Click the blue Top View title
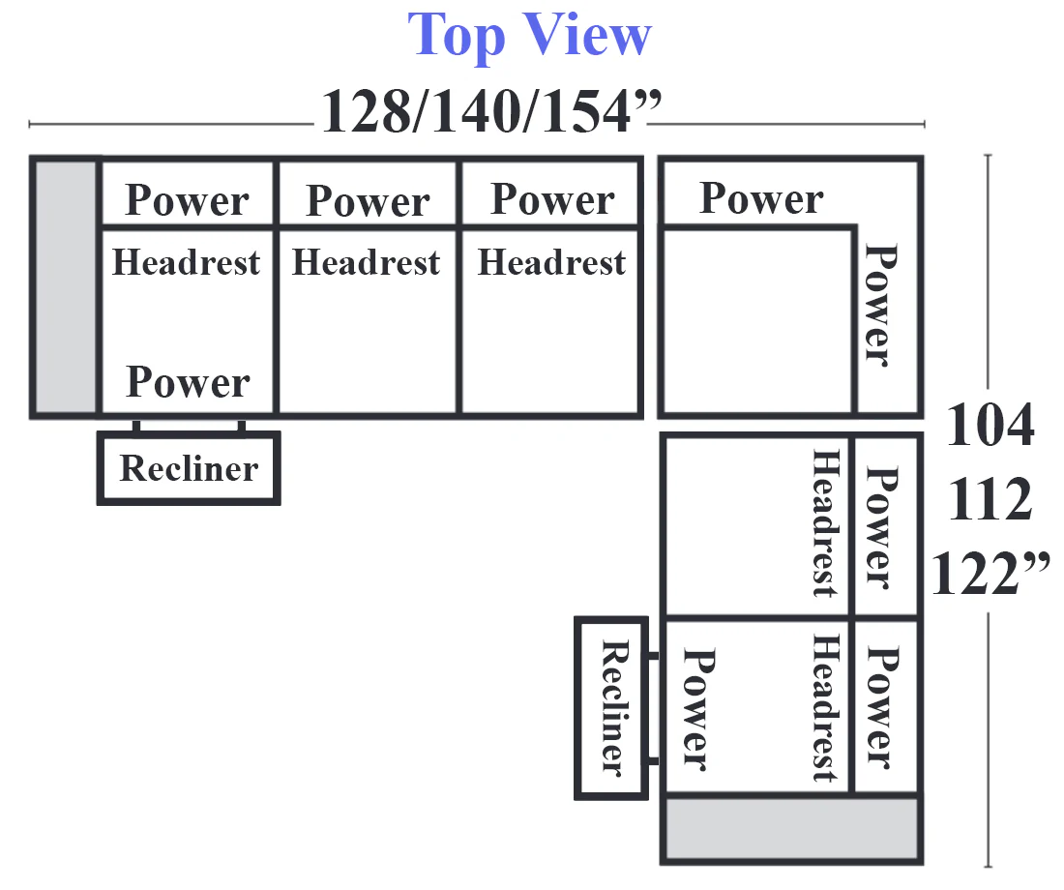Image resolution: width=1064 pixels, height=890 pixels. point(529,35)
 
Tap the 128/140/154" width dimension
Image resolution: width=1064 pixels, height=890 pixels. point(491,111)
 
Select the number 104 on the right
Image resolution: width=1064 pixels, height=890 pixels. point(990,425)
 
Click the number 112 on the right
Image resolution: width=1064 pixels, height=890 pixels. point(990,499)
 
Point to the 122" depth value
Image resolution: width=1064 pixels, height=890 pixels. point(990,573)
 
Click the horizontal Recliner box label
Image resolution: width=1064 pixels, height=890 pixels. point(189,468)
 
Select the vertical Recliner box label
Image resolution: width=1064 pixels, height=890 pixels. point(615,707)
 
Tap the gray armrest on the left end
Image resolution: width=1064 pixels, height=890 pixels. point(65,287)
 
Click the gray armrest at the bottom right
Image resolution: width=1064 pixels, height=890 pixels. point(792,830)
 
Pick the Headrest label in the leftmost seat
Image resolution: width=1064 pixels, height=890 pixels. point(186,263)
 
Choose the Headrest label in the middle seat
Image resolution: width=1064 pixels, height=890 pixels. point(367,263)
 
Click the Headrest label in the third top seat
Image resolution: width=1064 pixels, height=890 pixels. point(551,263)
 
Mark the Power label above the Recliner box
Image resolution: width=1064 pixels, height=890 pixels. point(188,382)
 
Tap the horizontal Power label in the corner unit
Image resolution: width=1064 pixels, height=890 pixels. point(761,198)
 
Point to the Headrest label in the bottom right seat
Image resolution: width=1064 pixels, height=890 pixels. point(826,707)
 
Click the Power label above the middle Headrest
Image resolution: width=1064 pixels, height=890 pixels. point(368,201)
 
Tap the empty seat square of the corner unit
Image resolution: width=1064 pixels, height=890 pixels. point(757,321)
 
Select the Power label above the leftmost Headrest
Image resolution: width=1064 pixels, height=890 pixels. point(188,200)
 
